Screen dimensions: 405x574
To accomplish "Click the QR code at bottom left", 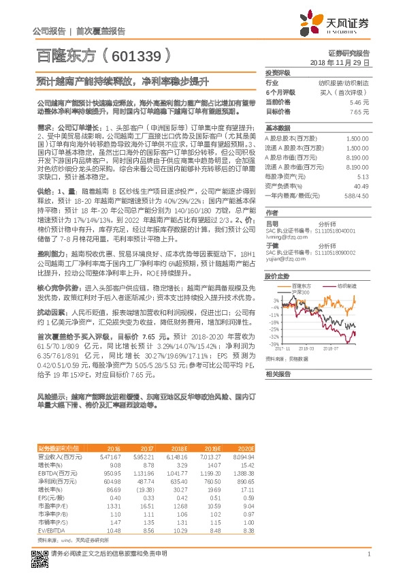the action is point(41,554).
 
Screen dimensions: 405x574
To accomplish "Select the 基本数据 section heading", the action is point(278,128).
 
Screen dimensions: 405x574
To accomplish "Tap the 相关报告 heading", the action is point(278,374).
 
